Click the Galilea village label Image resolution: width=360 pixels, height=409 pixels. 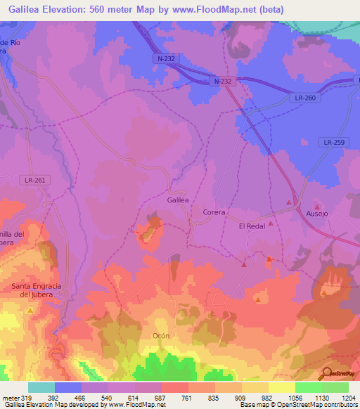click(178, 200)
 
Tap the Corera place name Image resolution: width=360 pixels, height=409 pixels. click(213, 212)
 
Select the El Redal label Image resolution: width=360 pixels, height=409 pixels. click(251, 226)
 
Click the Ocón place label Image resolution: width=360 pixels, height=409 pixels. click(161, 336)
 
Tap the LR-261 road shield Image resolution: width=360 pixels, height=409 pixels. click(34, 181)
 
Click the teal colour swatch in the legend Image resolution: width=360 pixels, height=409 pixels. click(41, 387)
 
